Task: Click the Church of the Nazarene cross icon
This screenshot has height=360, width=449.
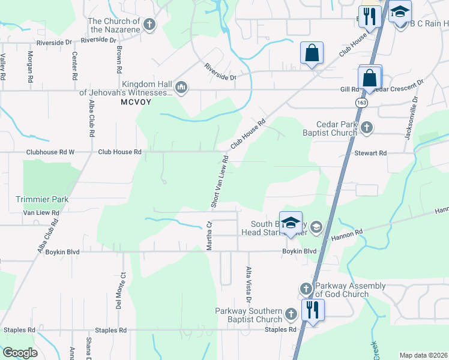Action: (149, 25)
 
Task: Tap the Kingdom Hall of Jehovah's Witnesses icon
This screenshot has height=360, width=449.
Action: (181, 89)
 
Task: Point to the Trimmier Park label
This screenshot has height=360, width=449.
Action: (43, 199)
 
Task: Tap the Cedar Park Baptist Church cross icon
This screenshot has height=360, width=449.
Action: (367, 127)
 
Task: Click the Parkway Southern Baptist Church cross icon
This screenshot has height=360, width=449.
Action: (291, 314)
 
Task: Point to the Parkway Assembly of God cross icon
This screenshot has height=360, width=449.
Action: (306, 289)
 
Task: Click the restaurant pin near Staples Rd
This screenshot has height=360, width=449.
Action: (312, 310)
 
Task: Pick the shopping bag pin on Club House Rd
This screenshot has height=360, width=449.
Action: (312, 53)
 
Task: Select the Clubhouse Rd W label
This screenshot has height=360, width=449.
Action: (50, 152)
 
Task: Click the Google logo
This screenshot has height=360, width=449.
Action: (20, 353)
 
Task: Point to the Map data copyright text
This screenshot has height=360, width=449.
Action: (423, 355)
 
